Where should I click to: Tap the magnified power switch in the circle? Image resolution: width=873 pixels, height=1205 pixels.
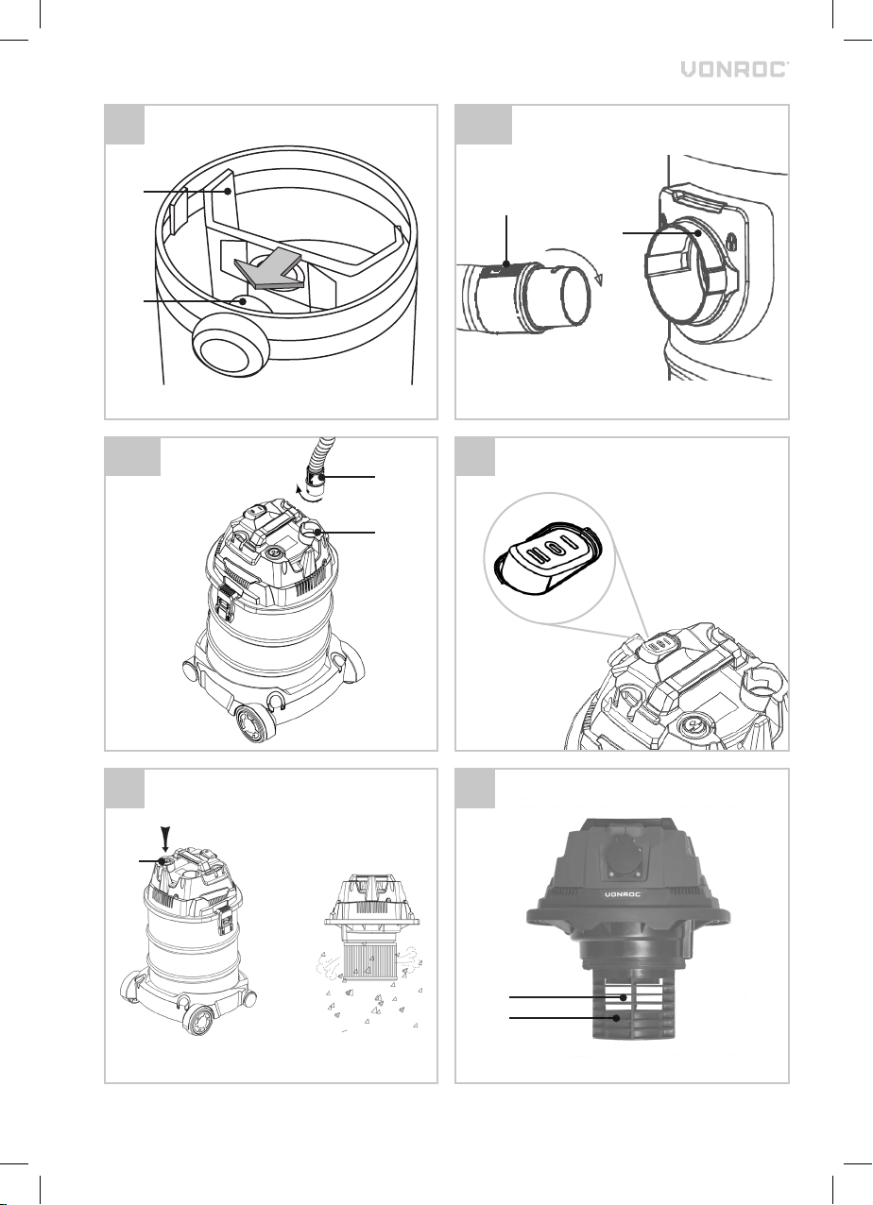(549, 558)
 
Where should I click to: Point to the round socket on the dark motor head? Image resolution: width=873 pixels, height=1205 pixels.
(625, 858)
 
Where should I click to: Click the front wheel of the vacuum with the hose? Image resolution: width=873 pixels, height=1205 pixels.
(254, 724)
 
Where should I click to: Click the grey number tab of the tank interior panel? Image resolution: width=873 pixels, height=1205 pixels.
(125, 125)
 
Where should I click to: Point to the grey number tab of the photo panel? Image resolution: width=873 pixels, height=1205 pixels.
(475, 789)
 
